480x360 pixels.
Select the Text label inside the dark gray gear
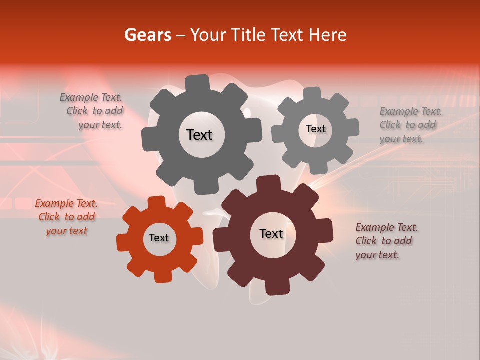click(199, 135)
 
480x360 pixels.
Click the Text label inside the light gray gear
click(315, 129)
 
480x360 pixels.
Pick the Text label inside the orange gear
click(159, 238)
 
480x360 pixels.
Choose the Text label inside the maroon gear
click(271, 233)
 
